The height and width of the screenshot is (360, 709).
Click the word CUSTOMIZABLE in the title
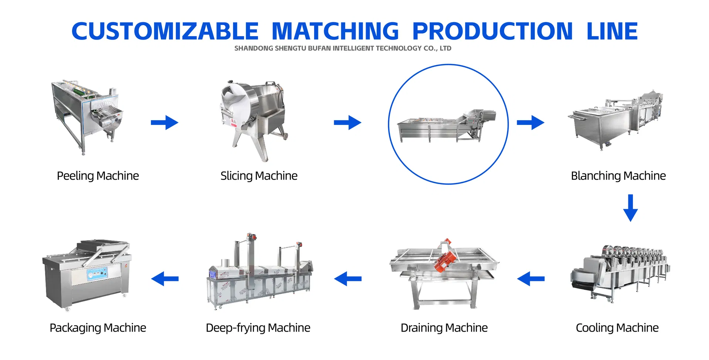click(165, 31)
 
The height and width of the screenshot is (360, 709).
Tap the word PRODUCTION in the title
click(492, 31)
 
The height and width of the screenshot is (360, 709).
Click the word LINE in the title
click(612, 31)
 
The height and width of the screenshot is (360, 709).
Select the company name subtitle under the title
click(343, 48)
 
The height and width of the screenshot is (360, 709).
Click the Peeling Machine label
click(98, 176)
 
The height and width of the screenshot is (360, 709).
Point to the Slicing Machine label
click(259, 176)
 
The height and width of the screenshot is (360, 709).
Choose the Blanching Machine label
click(618, 176)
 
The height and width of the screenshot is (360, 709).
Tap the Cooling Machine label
click(617, 328)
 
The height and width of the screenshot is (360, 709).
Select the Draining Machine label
click(444, 328)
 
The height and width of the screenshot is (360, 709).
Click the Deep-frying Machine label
click(258, 328)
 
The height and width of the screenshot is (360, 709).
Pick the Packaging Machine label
click(98, 328)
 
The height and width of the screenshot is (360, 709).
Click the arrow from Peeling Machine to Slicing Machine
click(164, 123)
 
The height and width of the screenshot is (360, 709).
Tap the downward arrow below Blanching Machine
click(630, 208)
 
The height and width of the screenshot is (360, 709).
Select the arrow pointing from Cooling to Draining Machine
click(530, 279)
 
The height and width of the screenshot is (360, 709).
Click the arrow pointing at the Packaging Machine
click(165, 279)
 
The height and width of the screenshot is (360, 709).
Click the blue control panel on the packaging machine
click(97, 274)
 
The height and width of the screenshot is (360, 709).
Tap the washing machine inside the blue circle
click(447, 126)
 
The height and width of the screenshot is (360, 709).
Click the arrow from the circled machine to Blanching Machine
click(530, 123)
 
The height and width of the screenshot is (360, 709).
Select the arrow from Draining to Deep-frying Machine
click(347, 279)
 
